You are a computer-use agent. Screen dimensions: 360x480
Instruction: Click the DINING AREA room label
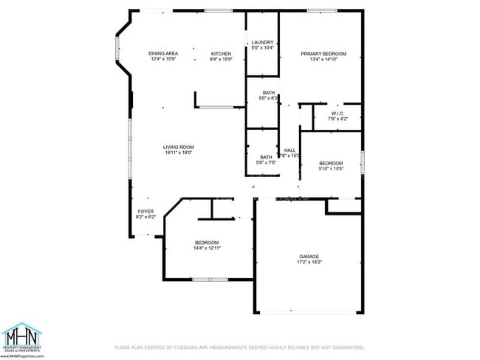pyautogui.click(x=163, y=54)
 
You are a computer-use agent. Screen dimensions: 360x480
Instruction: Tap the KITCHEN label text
pyautogui.click(x=222, y=54)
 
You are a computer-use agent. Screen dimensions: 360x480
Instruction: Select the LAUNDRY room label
pyautogui.click(x=262, y=42)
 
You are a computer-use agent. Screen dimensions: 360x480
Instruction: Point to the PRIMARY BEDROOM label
pyautogui.click(x=323, y=54)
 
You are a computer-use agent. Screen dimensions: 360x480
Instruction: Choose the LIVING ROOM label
pyautogui.click(x=179, y=148)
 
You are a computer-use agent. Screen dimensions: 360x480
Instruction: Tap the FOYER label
pyautogui.click(x=145, y=212)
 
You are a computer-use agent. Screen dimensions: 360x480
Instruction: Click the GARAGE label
pyautogui.click(x=309, y=257)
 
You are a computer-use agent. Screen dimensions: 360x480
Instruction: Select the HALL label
pyautogui.click(x=290, y=150)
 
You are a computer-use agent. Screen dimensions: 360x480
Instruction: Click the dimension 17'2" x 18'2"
pyautogui.click(x=309, y=262)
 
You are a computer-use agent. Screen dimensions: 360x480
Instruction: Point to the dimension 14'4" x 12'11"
pyautogui.click(x=207, y=248)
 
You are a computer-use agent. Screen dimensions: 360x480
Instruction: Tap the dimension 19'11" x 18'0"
pyautogui.click(x=179, y=153)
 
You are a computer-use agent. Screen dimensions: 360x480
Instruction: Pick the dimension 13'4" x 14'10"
pyautogui.click(x=323, y=59)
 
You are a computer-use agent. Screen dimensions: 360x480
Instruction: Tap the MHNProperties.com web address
pyautogui.click(x=21, y=356)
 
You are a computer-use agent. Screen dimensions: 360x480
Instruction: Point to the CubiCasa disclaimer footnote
pyautogui.click(x=239, y=347)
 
